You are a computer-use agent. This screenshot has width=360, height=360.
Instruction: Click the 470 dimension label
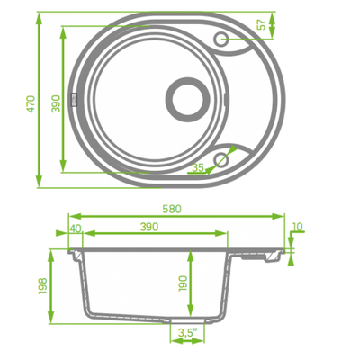click(31, 104)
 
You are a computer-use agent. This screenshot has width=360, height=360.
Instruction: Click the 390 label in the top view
click(56, 103)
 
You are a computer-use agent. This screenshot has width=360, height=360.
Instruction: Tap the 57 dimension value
click(261, 24)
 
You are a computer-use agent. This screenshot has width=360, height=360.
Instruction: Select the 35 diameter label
click(198, 167)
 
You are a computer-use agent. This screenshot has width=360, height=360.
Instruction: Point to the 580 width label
click(172, 209)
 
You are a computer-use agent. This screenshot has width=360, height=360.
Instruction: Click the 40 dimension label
click(76, 229)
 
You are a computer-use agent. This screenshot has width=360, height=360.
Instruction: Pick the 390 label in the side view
click(149, 227)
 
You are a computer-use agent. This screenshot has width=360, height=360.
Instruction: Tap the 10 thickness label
click(297, 227)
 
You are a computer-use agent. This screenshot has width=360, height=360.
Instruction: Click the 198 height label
click(43, 286)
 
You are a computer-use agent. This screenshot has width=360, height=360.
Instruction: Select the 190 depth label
click(183, 283)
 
